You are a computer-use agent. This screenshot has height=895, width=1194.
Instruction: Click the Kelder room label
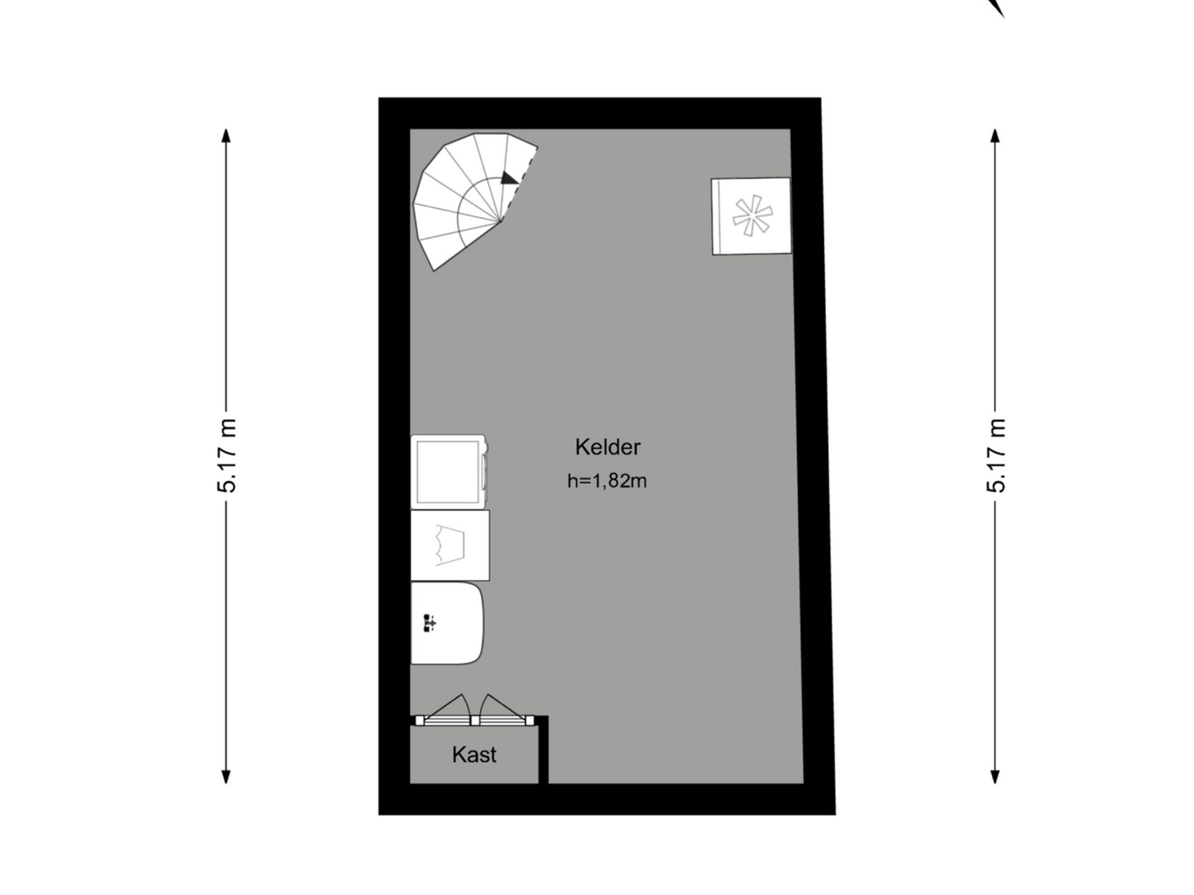[607, 447]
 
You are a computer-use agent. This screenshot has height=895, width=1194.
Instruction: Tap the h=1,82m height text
[607, 481]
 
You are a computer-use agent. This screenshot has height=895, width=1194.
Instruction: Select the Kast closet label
[474, 755]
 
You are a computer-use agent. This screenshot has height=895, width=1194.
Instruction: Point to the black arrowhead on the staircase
[508, 179]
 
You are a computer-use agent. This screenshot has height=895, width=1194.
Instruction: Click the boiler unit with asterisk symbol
[751, 216]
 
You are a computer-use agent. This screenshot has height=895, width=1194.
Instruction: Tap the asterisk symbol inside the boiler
[752, 216]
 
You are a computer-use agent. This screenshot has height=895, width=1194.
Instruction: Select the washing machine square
[449, 472]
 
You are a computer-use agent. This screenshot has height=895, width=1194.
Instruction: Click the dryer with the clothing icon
[450, 545]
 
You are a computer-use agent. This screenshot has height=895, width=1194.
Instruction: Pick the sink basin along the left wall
[447, 623]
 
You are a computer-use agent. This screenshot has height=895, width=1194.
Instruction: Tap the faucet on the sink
[430, 623]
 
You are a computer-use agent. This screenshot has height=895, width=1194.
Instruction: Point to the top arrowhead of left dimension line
[226, 135]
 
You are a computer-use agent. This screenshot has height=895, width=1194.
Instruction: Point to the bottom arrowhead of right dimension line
[995, 777]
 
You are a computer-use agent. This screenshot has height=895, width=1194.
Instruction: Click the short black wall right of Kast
[543, 750]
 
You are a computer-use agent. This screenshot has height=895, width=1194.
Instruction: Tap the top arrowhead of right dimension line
[995, 135]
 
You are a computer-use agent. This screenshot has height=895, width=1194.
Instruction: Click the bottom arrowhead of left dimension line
[226, 777]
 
